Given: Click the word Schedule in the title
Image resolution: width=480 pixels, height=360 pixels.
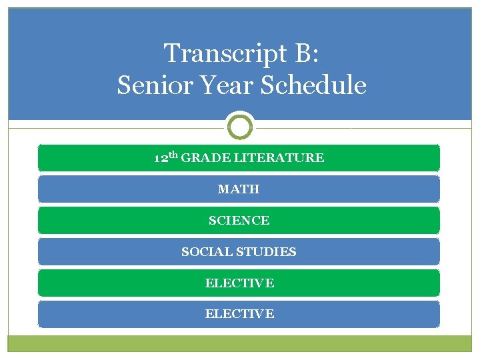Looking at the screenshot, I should coord(314,85).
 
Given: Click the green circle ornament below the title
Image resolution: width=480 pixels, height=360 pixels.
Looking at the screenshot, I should coord(240,125).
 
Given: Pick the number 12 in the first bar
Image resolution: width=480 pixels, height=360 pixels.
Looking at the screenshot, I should coord(161,159).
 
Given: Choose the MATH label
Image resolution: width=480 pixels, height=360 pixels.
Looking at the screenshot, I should coord(239,189).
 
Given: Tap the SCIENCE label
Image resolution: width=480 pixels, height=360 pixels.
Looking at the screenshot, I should coord(239,221).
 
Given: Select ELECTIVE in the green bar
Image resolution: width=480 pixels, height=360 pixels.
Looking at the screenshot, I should coord(239,283).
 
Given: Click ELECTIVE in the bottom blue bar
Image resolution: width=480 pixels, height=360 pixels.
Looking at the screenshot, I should coord(239,314).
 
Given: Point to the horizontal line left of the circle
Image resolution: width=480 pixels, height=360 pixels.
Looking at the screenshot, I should coord(120,126).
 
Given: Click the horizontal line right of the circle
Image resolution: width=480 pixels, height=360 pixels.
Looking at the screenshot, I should coord(360,126).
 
